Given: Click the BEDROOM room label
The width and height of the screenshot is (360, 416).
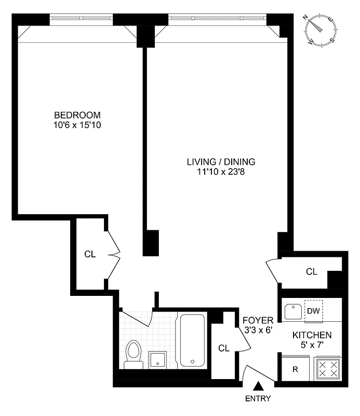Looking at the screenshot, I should (x=77, y=115).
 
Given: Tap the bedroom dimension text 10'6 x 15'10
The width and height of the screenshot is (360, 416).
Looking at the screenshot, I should (x=77, y=125).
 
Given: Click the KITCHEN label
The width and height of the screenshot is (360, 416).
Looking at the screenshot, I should (x=312, y=335).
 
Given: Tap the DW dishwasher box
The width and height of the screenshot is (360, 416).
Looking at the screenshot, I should (x=313, y=311).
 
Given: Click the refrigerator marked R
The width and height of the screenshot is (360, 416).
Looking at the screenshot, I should (x=295, y=370).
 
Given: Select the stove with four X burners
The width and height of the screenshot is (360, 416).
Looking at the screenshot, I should (x=328, y=370).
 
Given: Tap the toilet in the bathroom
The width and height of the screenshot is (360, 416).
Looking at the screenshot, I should (x=134, y=355).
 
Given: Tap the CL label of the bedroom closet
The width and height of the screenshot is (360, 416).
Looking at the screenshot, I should (x=90, y=254).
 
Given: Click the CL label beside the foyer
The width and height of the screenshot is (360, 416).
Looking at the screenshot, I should (x=224, y=347).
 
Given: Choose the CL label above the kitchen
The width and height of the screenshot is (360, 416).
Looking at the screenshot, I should (x=311, y=271).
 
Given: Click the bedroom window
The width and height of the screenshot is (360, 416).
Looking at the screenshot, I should (x=82, y=19).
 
